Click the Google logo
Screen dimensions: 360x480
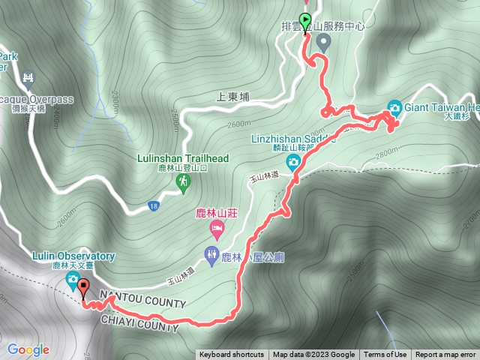click(28, 349)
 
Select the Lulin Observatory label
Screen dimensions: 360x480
click(73, 256)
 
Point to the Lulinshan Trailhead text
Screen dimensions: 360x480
click(182, 158)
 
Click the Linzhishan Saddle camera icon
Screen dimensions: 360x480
click(293, 160)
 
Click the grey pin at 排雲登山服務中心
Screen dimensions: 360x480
click(323, 43)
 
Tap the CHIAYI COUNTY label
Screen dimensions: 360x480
click(139, 322)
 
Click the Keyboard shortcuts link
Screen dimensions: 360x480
click(232, 355)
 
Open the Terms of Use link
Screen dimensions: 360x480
click(385, 355)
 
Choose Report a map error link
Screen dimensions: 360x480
click(445, 355)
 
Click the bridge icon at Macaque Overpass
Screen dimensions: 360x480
click(29, 77)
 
